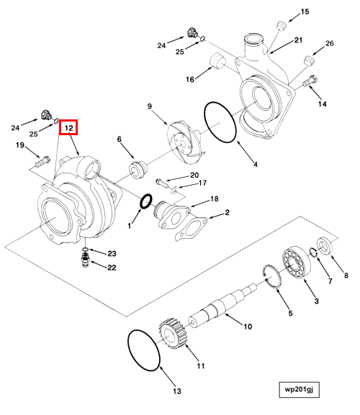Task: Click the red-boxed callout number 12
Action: pos(68,127)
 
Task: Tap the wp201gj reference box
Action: pos(299,389)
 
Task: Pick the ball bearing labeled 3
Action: pos(296,262)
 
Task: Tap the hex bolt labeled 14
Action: pos(310,81)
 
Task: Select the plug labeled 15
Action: pos(282,27)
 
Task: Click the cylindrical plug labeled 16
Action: pos(217,61)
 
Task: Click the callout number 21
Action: pos(299,40)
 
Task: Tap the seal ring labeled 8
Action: pos(325,245)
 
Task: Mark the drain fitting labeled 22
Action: pos(85,260)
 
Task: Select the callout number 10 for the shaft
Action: pos(248,327)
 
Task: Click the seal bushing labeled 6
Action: pos(138,170)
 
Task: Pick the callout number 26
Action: pos(330,43)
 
